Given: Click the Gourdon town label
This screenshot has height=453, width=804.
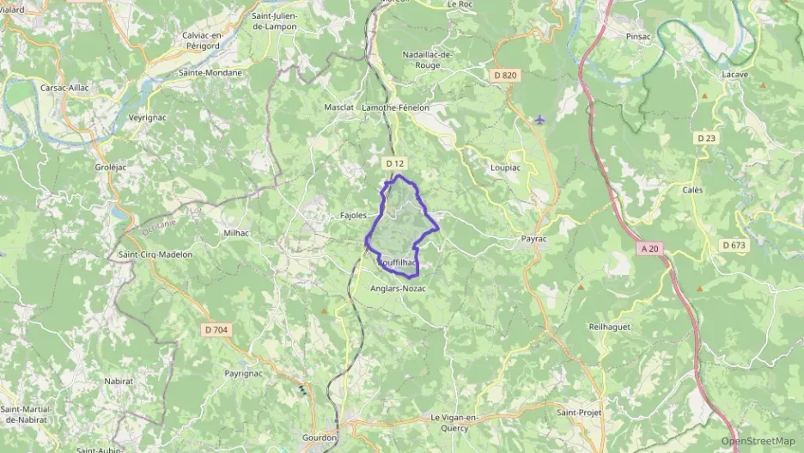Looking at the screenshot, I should pos(319,438).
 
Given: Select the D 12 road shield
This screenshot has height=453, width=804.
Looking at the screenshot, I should pos(394,162).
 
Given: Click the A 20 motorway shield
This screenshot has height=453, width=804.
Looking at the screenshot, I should pos(649,248).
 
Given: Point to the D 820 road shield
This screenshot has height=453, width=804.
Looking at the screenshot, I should pos(506,76).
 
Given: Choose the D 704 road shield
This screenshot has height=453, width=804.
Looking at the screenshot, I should pos(216,329).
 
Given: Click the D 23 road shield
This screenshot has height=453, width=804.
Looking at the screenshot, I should pos(706,138).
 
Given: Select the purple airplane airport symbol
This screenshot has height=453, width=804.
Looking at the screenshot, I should pos(539,119).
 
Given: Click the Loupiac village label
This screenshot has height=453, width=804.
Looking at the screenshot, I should pos(504,168).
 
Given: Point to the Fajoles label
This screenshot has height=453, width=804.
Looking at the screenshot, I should pos(354,216).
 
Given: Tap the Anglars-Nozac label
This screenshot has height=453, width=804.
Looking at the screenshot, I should pos(398,289).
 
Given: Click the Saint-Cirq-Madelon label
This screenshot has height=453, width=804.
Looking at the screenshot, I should pos(155,254).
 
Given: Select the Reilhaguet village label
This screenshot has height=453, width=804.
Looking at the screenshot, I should pos(610,328).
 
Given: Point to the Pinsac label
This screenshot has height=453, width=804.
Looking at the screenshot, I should pos(639,38).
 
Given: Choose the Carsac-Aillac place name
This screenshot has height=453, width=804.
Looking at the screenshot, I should pos(65,88).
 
